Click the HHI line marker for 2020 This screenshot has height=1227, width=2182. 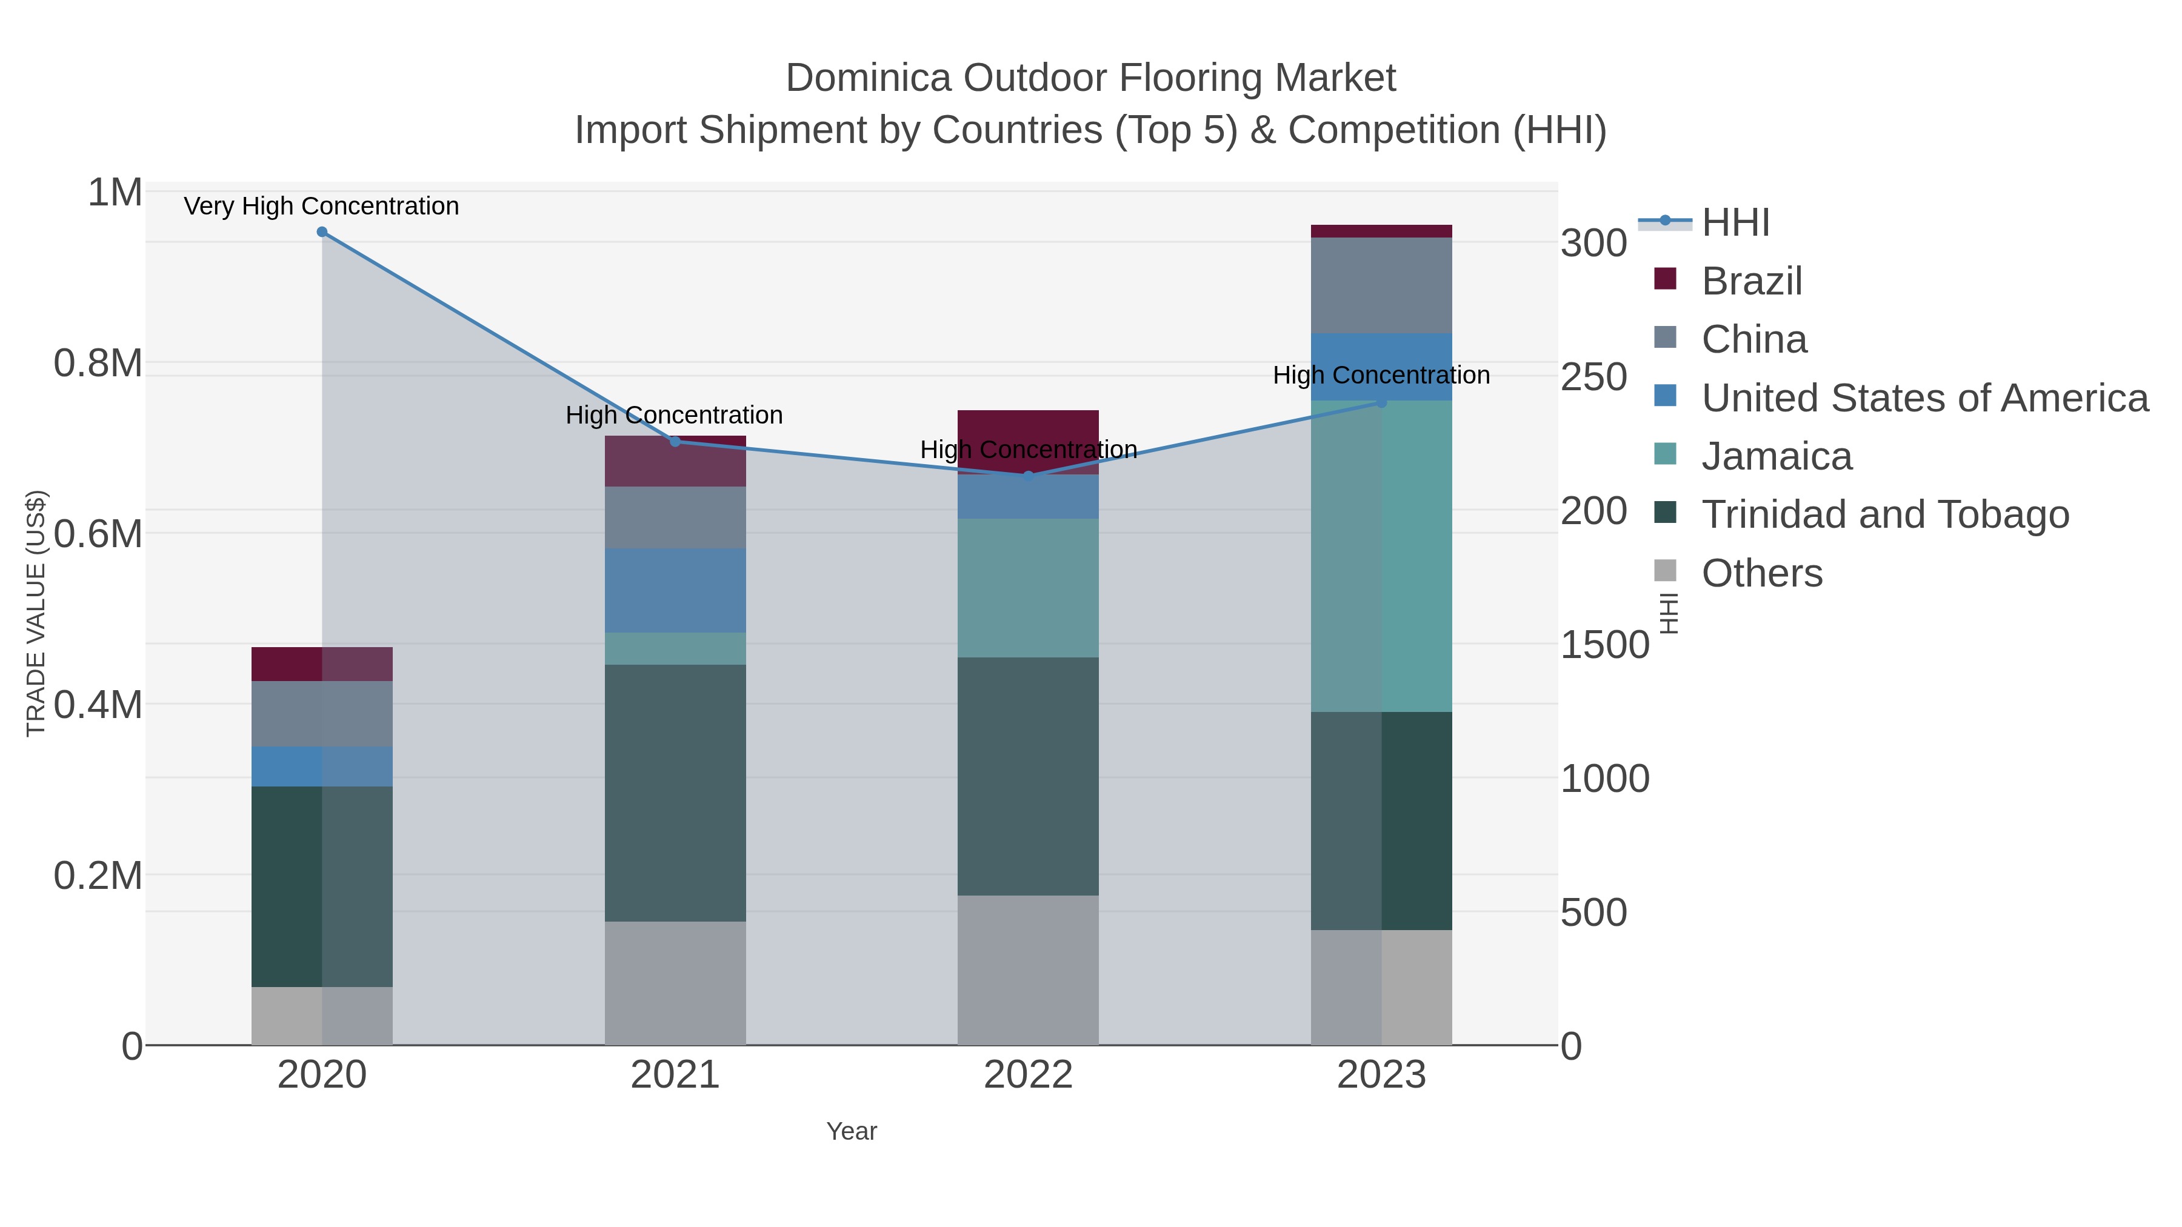322,232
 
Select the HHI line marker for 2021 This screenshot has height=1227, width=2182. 675,441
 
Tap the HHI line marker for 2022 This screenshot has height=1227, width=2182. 1029,476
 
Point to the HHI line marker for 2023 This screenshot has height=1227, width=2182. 1381,402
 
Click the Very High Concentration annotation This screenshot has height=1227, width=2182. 321,206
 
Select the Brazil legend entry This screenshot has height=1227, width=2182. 1751,281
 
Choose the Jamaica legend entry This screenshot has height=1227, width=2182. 1777,456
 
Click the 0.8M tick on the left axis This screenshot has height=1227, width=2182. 98,364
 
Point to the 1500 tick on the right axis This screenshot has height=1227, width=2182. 1604,645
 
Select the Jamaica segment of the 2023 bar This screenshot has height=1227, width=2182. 1381,556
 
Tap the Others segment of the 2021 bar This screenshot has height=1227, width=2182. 675,982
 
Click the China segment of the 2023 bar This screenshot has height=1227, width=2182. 1381,285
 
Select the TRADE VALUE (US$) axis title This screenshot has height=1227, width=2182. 36,613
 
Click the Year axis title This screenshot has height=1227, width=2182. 852,1131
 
